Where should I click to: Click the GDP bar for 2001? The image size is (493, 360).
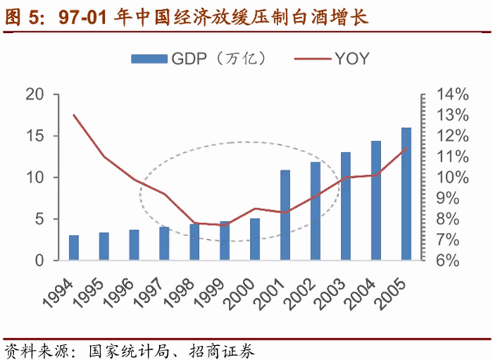coord(285,214)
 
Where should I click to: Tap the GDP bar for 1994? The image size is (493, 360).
coord(74,247)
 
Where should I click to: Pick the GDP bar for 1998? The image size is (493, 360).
coord(194,242)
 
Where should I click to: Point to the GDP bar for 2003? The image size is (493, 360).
coord(346,205)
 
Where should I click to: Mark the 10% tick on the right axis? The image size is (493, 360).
coord(452,177)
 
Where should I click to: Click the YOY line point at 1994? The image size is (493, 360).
coord(74,115)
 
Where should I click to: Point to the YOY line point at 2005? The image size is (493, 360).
coord(406,148)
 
